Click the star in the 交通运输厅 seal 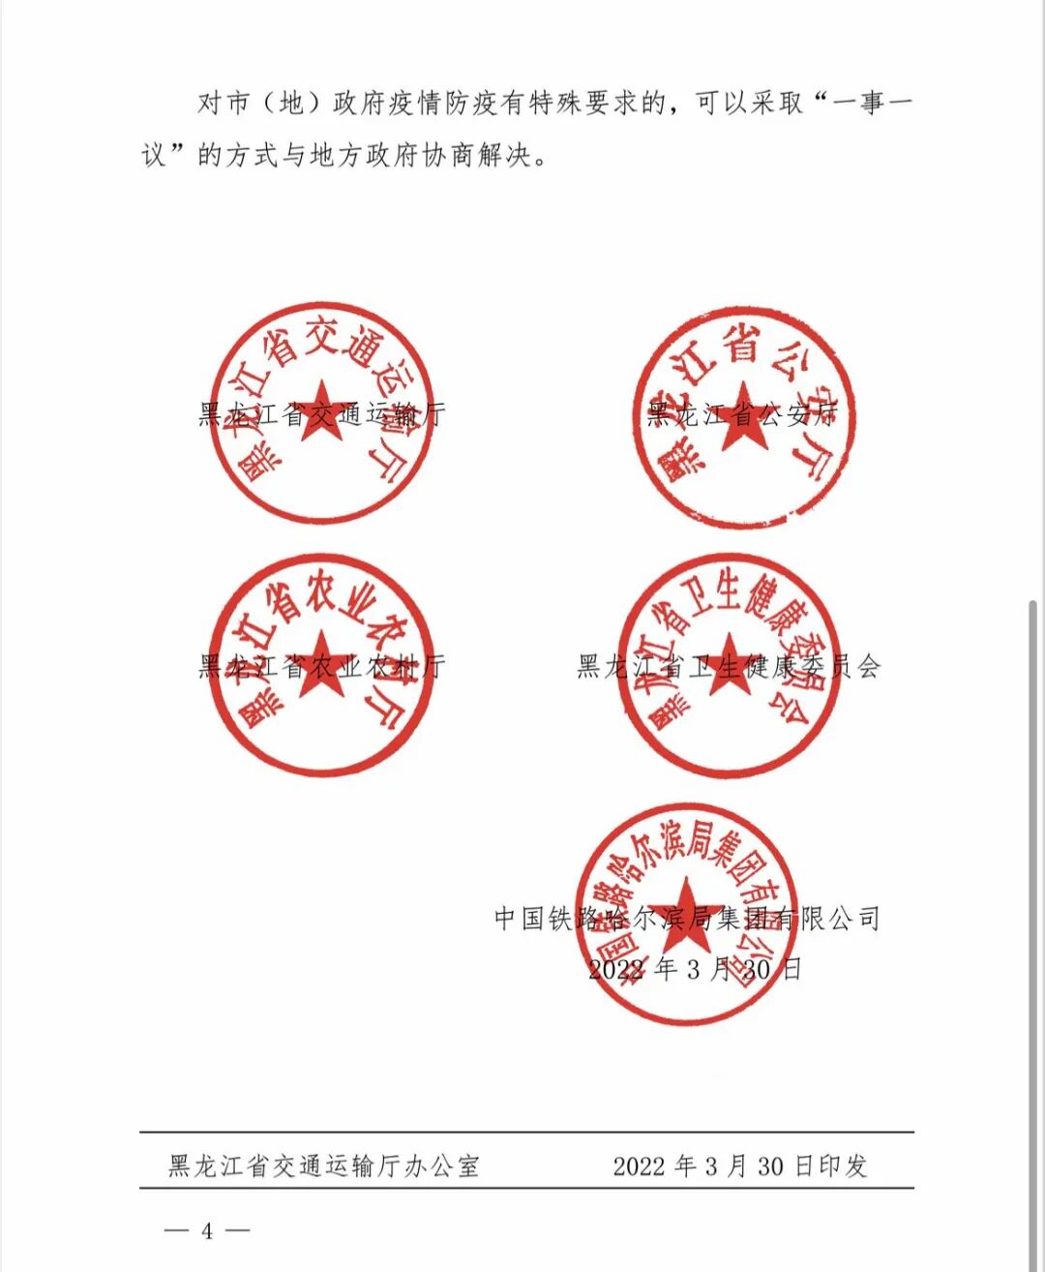(320, 411)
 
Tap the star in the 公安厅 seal (743, 414)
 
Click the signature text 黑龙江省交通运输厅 (322, 415)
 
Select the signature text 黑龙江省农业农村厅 (322, 666)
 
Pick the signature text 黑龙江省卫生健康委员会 (729, 666)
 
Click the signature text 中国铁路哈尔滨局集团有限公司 (687, 918)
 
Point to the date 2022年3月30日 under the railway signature (695, 968)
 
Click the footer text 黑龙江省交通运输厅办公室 (323, 1166)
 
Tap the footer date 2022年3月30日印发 (739, 1166)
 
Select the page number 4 (207, 1230)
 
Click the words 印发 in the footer (843, 1166)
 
